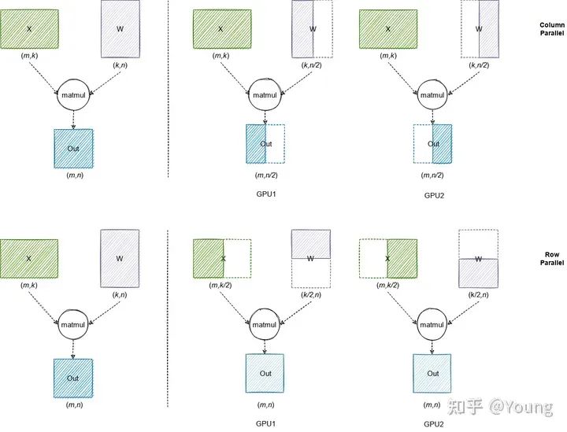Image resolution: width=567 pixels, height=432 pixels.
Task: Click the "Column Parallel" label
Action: [551, 29]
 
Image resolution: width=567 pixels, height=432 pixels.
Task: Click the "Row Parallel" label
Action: [551, 259]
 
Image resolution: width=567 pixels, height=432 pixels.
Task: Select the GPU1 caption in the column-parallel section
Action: [265, 194]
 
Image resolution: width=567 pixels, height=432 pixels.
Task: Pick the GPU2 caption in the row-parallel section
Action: [434, 423]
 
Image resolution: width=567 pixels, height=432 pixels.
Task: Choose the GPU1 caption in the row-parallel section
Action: [265, 423]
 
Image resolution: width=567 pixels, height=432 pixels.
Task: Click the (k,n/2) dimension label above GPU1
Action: [313, 66]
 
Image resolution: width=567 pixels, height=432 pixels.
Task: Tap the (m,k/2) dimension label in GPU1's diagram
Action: [220, 295]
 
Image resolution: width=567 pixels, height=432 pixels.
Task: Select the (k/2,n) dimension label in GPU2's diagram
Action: [480, 295]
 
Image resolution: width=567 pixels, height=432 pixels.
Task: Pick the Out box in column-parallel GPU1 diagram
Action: [265, 144]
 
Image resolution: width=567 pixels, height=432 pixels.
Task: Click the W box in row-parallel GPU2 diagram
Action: [479, 258]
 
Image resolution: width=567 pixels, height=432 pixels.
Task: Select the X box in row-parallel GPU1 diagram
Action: [222, 258]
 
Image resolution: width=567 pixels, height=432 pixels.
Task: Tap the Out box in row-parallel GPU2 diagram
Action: [432, 374]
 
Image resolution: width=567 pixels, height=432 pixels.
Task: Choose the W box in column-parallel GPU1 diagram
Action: [312, 29]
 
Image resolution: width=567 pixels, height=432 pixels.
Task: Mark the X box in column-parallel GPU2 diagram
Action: [388, 29]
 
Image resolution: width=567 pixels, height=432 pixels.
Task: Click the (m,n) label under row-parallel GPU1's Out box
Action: [265, 404]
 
